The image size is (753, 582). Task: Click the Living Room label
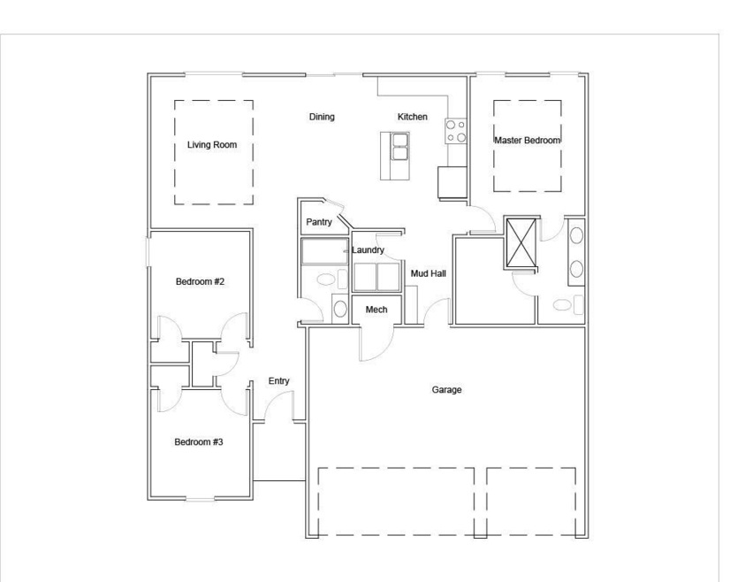coord(212,145)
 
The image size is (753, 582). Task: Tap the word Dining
coord(322,117)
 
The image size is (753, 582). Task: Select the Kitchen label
coord(413,117)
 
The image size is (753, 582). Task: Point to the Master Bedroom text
coord(528,141)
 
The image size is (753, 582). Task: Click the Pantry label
coord(319,222)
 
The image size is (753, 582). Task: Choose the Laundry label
coord(368,250)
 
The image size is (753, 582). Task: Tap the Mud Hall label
coord(429,273)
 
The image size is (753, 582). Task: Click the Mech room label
coord(376,310)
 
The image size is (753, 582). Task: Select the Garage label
coord(446,390)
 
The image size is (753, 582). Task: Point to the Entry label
coord(278,381)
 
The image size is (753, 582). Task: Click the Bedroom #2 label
coord(200,281)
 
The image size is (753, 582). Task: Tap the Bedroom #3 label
coord(198,441)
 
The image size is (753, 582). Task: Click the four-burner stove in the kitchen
coord(456,131)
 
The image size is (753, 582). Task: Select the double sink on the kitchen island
coord(399,147)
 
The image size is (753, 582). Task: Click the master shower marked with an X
coord(521,242)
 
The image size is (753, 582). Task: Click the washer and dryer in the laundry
coord(377,277)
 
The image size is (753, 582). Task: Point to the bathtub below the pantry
coord(324,251)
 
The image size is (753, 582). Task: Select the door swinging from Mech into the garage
coord(377,343)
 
